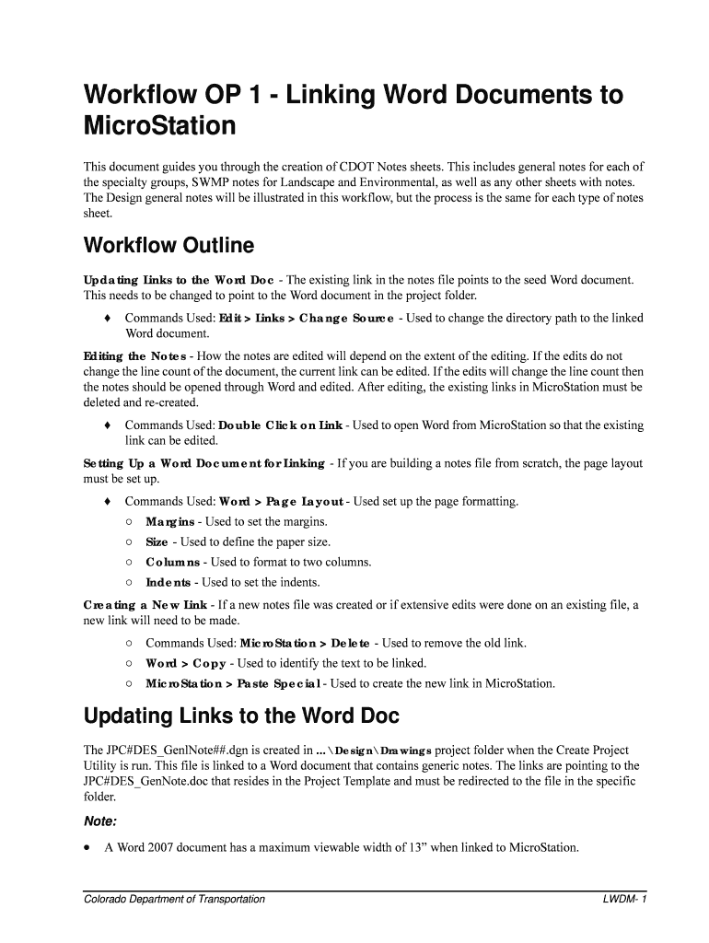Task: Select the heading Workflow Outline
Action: point(168,247)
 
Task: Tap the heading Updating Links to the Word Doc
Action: point(241,716)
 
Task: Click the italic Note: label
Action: point(99,821)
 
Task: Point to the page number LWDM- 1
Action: point(626,899)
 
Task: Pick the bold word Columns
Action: point(173,562)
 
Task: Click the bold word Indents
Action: point(169,582)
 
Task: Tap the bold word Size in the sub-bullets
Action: point(157,542)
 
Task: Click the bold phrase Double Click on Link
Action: point(281,425)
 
